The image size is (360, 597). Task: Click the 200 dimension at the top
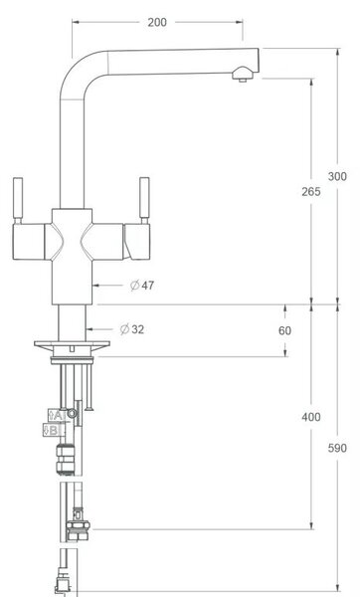(157, 23)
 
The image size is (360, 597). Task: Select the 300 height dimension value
(337, 177)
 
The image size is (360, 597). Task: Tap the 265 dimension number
(311, 192)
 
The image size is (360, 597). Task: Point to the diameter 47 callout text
(142, 286)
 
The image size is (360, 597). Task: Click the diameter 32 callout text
(132, 329)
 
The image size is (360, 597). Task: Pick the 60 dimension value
(284, 330)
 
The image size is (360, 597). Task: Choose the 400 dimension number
(311, 417)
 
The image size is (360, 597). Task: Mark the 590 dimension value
(337, 448)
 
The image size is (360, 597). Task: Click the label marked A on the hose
(56, 416)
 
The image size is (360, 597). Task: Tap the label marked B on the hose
(52, 430)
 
